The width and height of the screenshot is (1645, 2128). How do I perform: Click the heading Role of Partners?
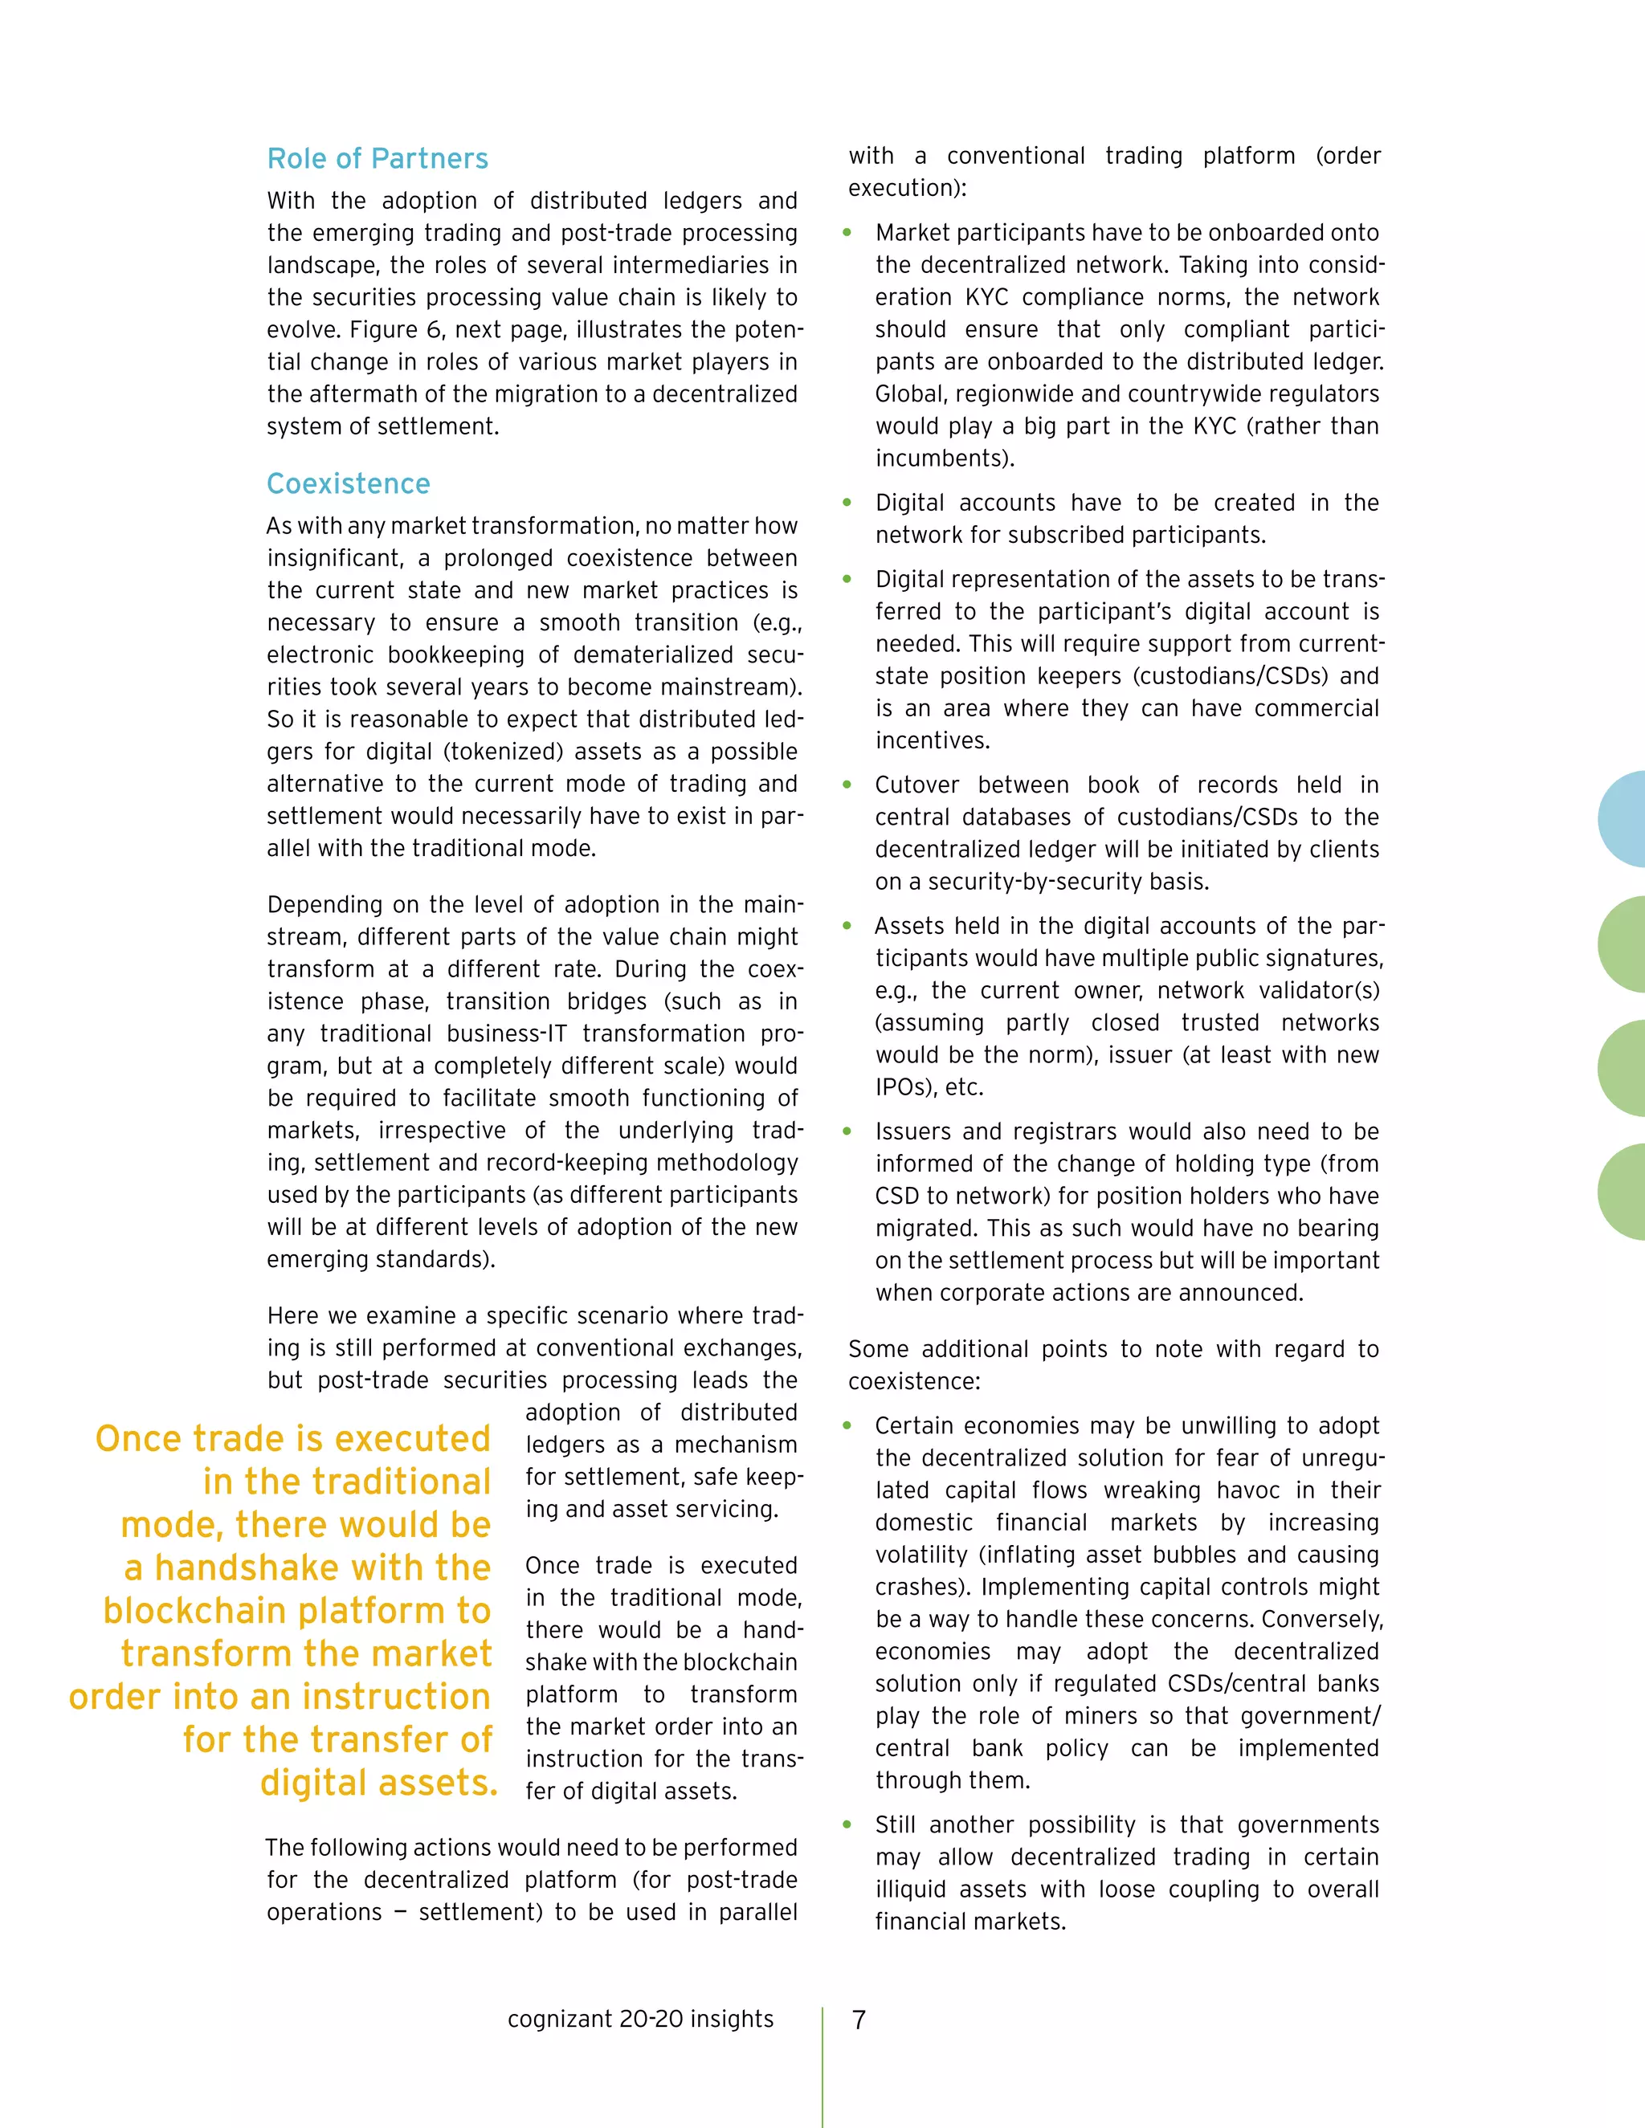tap(378, 159)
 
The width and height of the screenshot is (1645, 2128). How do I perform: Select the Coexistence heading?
tap(348, 484)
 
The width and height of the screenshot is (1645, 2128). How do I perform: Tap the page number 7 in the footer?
tap(859, 2020)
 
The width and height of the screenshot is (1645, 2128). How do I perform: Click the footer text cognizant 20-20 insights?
tap(640, 2019)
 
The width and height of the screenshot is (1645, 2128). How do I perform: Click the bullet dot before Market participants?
tap(847, 233)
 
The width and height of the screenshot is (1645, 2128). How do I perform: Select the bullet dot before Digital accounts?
tap(847, 503)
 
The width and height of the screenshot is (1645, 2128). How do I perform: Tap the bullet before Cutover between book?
tap(847, 785)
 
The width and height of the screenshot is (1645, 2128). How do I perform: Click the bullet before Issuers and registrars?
tap(847, 1131)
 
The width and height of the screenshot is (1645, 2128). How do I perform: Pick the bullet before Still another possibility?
tap(847, 1825)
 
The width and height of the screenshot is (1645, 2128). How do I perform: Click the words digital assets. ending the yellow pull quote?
tap(379, 1783)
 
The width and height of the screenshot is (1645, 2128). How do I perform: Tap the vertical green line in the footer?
tap(822, 2065)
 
